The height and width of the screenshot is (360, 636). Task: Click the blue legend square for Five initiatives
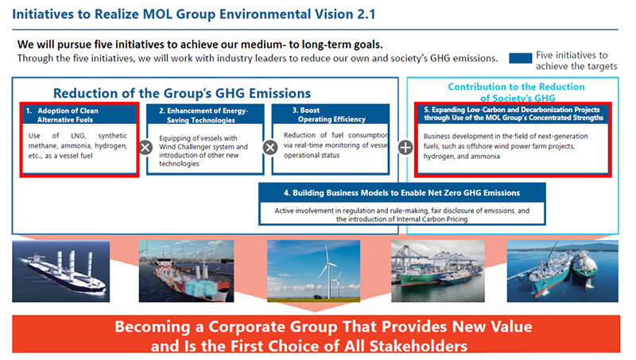pyautogui.click(x=521, y=58)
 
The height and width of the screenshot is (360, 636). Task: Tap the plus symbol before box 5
pyautogui.click(x=405, y=148)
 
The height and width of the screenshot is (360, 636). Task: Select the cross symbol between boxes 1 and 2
pyautogui.click(x=145, y=148)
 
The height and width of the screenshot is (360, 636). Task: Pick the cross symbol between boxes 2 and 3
pyautogui.click(x=270, y=148)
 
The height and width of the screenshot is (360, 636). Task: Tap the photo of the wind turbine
pyautogui.click(x=313, y=271)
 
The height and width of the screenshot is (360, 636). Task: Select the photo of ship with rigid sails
pyautogui.click(x=61, y=271)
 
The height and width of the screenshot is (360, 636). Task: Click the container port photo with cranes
pyautogui.click(x=438, y=271)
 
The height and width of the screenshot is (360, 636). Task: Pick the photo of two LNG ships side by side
pyautogui.click(x=563, y=271)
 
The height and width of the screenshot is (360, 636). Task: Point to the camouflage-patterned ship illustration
pyautogui.click(x=186, y=271)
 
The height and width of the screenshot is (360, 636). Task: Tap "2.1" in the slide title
pyautogui.click(x=366, y=14)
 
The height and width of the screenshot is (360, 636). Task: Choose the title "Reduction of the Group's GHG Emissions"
pyautogui.click(x=182, y=93)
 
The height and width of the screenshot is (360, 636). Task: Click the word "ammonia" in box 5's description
pyautogui.click(x=485, y=157)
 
